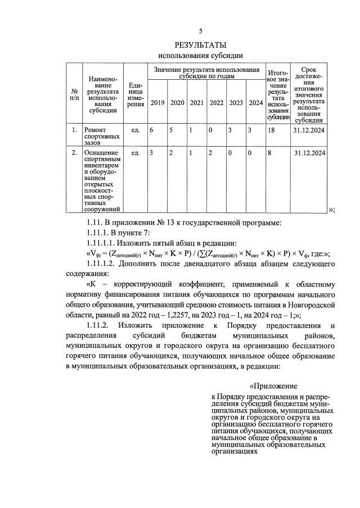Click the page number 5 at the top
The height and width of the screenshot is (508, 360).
pos(200,31)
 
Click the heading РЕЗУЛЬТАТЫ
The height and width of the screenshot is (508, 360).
pos(200,44)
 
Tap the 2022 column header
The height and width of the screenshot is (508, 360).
pos(216,103)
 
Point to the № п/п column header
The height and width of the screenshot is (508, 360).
pos(74,94)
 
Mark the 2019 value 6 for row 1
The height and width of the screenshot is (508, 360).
pos(151,130)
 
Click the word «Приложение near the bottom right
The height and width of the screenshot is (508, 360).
pos(273,386)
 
